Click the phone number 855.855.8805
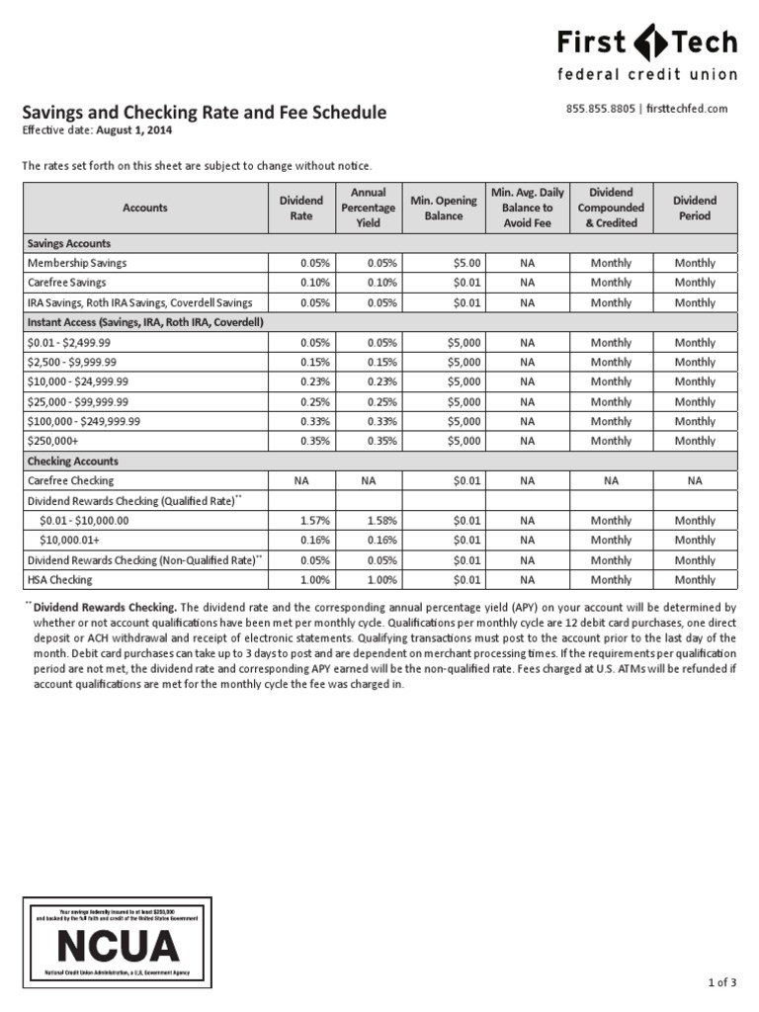[601, 109]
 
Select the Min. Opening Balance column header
[444, 208]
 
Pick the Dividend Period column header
[695, 208]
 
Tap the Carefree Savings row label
[68, 283]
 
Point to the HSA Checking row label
[59, 580]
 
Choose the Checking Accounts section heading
[72, 461]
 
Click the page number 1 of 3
[722, 982]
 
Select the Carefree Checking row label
[72, 480]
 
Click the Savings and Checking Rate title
[205, 113]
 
